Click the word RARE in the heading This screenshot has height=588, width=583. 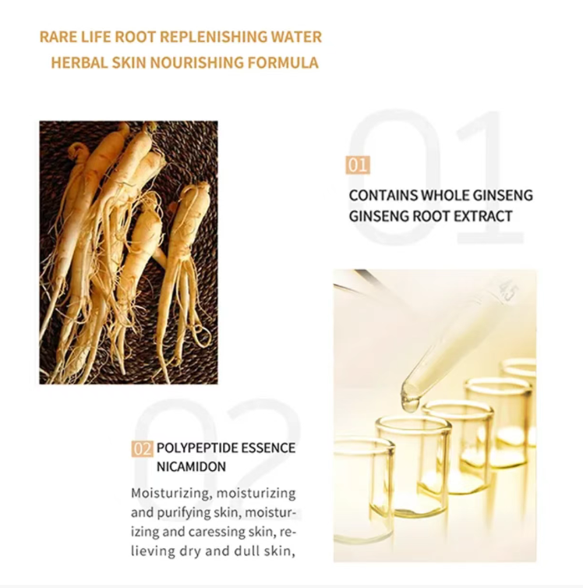[x=53, y=37]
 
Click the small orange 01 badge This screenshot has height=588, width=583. [x=358, y=165]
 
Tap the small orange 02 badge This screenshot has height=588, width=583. [x=142, y=448]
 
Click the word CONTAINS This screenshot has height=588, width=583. [x=383, y=196]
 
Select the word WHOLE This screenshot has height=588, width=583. [x=445, y=196]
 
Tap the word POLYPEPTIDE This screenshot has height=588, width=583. [x=197, y=448]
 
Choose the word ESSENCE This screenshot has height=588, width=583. [x=268, y=448]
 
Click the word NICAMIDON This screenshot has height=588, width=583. [x=191, y=467]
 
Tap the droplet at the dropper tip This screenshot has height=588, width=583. [x=410, y=403]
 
